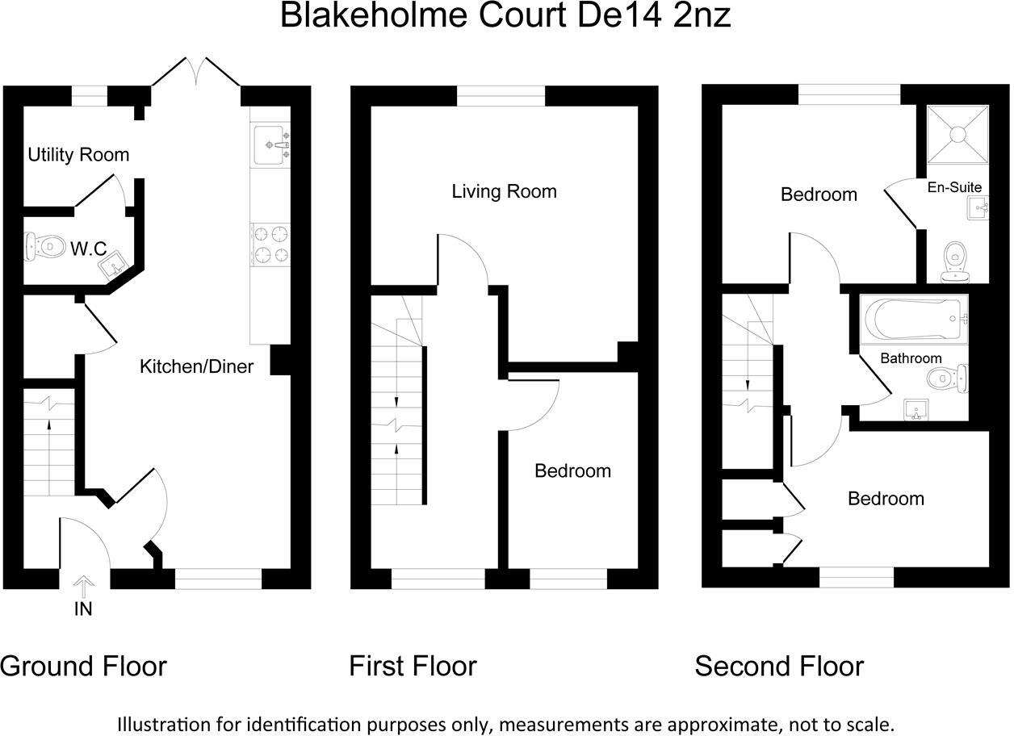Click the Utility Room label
(x=78, y=154)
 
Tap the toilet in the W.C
(x=45, y=246)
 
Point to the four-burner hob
(x=271, y=245)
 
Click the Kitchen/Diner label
(x=196, y=367)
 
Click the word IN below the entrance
(x=83, y=609)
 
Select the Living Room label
(x=504, y=191)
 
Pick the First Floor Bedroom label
(x=572, y=470)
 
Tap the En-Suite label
(x=954, y=187)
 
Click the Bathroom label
(x=911, y=358)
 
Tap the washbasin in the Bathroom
(x=916, y=410)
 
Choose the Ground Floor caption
(x=83, y=667)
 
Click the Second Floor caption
(x=778, y=667)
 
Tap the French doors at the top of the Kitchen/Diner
(x=195, y=73)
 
